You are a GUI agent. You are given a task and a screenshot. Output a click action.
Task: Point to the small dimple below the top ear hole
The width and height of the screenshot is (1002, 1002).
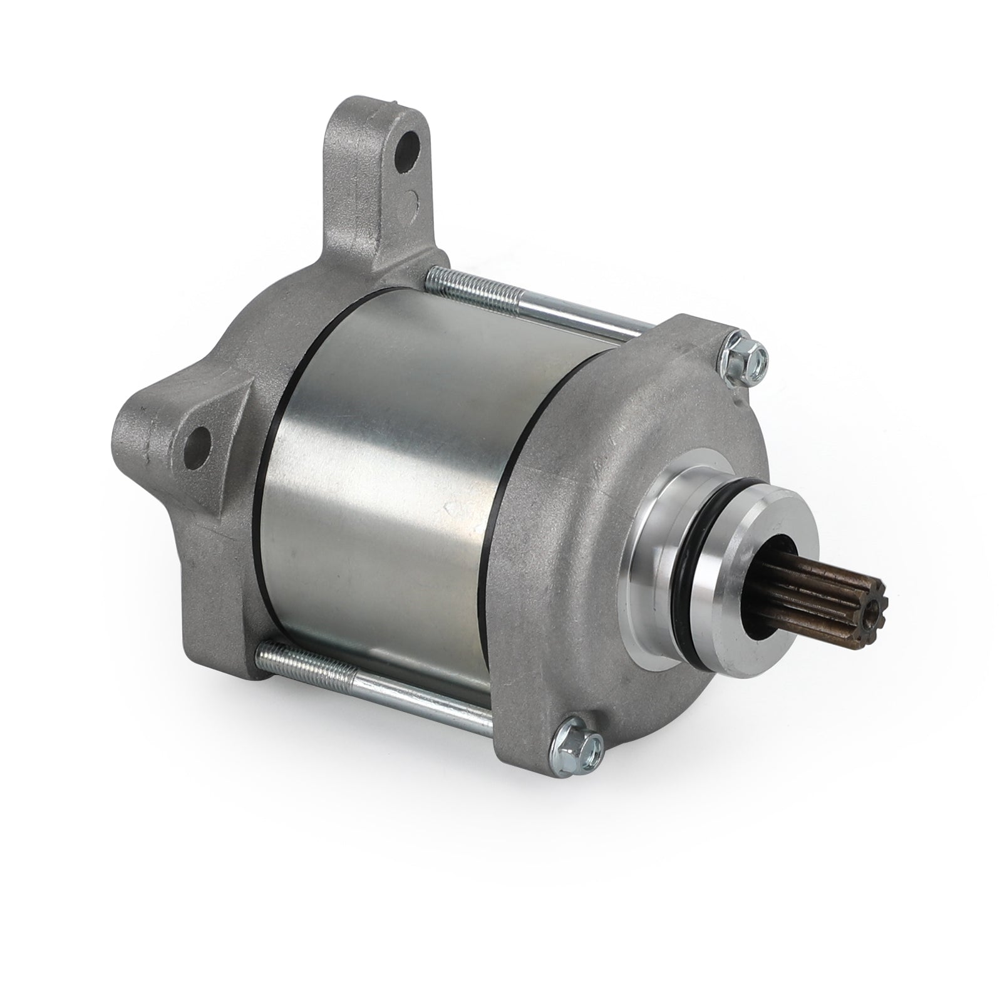tap(411, 202)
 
